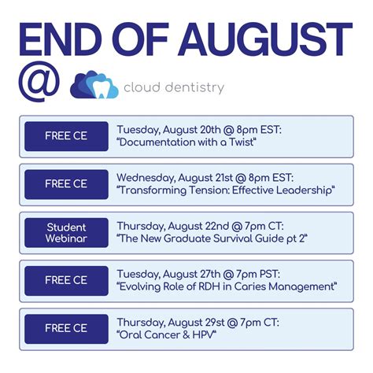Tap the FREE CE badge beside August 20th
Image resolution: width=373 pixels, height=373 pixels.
click(66, 136)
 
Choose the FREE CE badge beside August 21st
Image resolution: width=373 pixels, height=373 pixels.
click(66, 184)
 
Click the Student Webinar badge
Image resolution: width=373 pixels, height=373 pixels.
click(66, 232)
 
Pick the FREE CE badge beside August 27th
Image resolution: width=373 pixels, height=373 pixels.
click(66, 280)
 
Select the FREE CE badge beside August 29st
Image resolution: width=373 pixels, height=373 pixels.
click(66, 328)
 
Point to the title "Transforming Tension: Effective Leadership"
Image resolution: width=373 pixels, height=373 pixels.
click(225, 191)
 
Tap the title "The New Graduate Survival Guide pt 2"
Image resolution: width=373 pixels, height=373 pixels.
click(211, 239)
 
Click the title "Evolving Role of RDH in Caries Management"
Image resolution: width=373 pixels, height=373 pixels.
click(227, 287)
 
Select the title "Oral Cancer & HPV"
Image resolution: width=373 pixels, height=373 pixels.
click(167, 335)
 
